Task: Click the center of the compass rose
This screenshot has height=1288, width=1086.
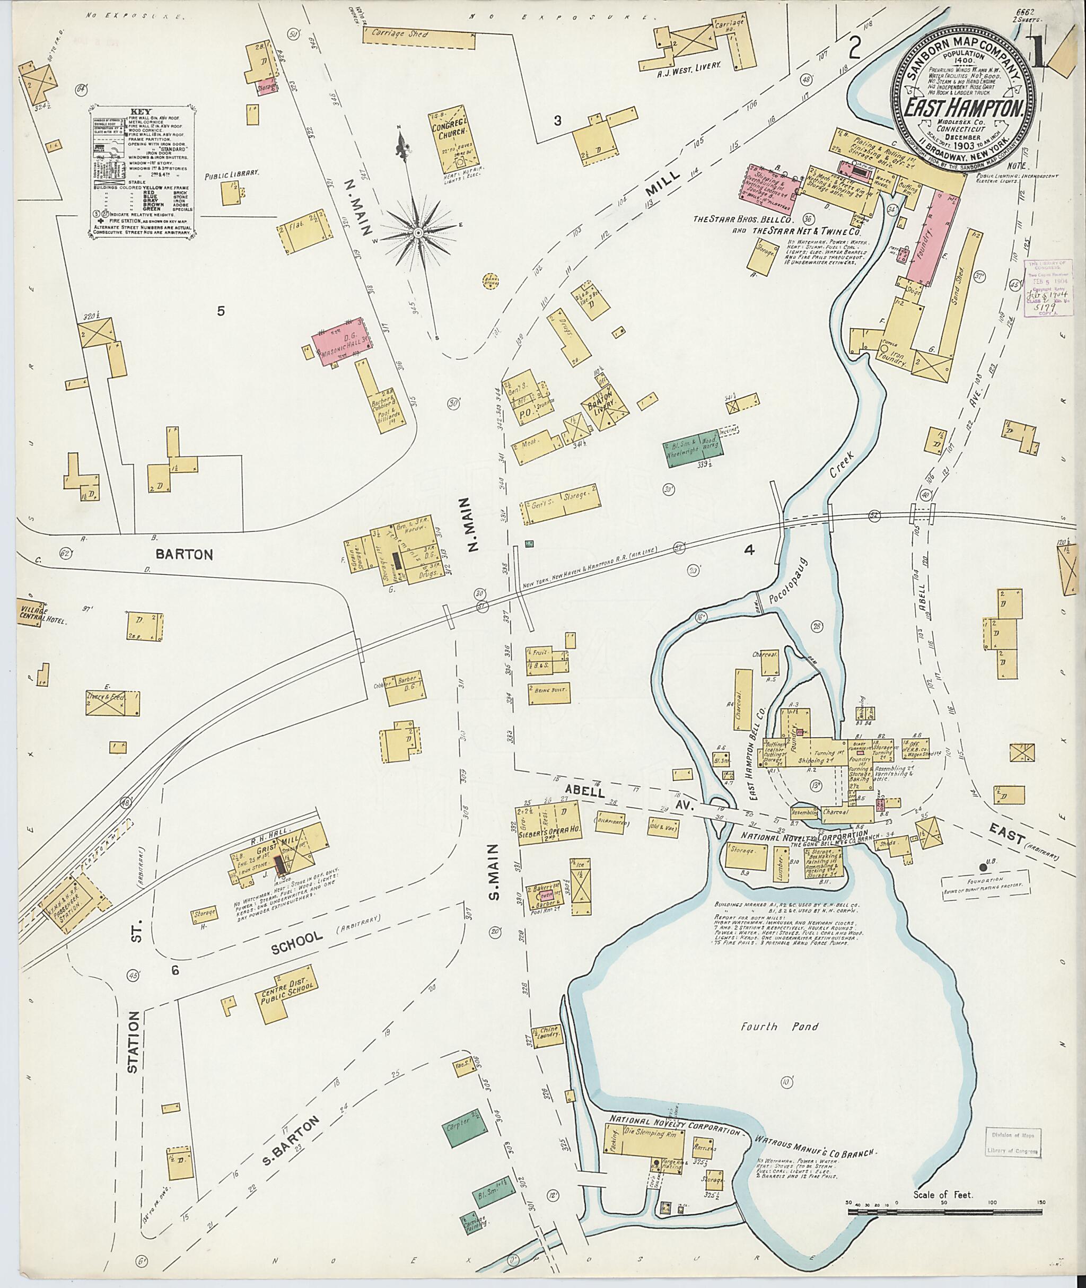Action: coord(418,232)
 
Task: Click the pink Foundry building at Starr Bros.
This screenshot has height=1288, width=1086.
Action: coord(933,234)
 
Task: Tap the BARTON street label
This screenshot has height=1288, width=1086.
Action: coord(184,554)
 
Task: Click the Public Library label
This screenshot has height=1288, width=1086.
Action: coord(231,174)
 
